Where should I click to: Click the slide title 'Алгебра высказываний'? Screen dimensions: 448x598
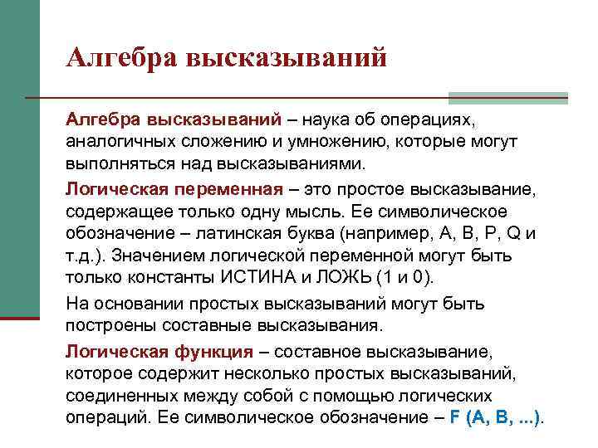227,58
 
